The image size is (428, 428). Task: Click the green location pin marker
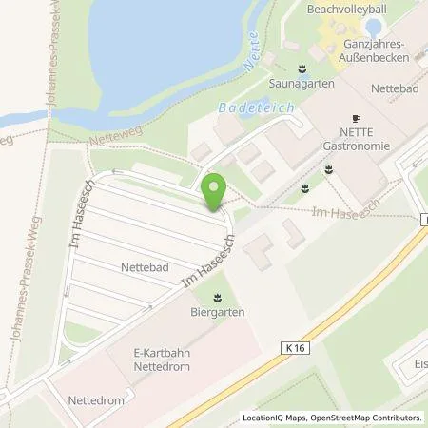tap(214, 194)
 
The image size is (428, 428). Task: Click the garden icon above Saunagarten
tap(302, 68)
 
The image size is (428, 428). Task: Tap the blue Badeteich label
tap(256, 108)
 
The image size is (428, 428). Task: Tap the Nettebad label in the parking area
tap(144, 268)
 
